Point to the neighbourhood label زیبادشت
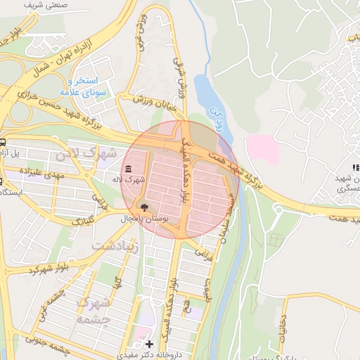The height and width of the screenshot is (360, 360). pyautogui.click(x=115, y=246)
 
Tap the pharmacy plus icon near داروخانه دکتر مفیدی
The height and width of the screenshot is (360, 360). pyautogui.click(x=148, y=344)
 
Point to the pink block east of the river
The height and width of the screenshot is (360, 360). pyautogui.click(x=262, y=149)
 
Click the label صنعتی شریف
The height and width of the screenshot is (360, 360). pyautogui.click(x=42, y=5)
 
